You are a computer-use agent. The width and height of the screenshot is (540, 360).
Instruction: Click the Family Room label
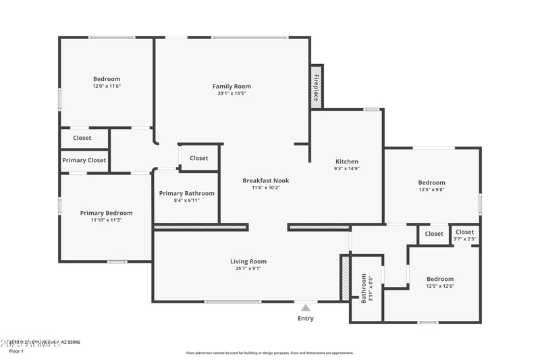coord(232,86)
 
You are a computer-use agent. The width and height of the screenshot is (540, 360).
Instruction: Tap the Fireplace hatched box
coord(316,86)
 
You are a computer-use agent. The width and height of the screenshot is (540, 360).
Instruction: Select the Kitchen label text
coord(347,161)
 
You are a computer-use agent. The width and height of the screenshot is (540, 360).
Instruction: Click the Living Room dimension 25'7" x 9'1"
coord(248,268)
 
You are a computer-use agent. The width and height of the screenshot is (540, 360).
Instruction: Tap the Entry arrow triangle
coord(306,308)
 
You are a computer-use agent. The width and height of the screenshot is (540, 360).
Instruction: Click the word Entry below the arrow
coord(306,318)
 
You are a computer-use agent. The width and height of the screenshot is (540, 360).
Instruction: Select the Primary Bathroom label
coord(186,193)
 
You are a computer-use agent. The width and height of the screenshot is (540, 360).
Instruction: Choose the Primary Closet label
coord(84,160)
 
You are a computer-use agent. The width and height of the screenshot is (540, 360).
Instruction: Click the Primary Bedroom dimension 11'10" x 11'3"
coord(106,220)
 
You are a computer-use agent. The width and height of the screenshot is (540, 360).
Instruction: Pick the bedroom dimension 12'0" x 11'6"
coord(107,86)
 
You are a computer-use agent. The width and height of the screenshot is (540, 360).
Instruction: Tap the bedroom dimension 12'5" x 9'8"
coord(431,189)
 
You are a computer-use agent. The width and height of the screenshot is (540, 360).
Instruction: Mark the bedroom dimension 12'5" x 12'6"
coord(440,286)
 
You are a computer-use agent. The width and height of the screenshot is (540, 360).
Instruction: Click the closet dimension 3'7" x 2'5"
coord(464,238)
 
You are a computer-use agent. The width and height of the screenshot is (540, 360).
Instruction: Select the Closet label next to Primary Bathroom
coord(199,158)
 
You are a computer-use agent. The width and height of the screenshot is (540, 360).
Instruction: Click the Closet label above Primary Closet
coord(82,138)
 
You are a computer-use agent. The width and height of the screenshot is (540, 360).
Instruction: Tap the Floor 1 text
coord(16,351)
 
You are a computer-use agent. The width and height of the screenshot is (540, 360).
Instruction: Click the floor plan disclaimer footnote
coord(270,353)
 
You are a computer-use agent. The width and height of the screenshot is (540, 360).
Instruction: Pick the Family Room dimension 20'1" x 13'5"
coord(232,93)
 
